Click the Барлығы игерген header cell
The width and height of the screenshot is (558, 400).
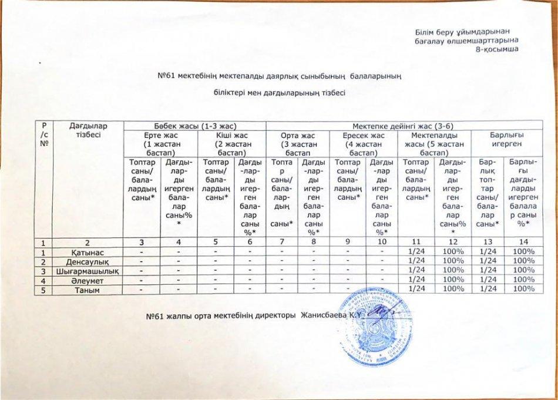508,139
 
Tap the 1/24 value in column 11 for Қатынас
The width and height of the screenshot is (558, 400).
415,252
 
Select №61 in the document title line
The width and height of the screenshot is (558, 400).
169,76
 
